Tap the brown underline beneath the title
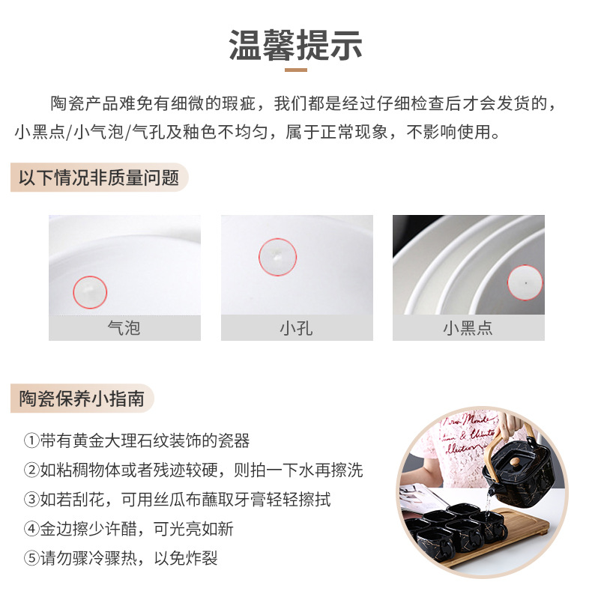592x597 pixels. [x=295, y=70]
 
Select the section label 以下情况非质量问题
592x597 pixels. [x=99, y=178]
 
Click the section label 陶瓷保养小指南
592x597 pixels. [x=82, y=398]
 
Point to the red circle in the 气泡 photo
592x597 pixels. [x=91, y=290]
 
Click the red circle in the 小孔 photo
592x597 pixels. [x=277, y=257]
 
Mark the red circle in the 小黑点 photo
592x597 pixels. [x=525, y=282]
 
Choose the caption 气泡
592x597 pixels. [x=124, y=328]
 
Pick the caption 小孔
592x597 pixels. [x=296, y=328]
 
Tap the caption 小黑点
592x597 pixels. [x=468, y=328]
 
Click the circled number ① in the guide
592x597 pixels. [x=31, y=440]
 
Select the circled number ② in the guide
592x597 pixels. [x=31, y=470]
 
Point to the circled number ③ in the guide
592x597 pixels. [x=31, y=500]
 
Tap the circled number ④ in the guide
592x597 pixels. [x=31, y=529]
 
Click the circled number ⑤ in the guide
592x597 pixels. [x=31, y=558]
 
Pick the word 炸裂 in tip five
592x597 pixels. [x=202, y=558]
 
